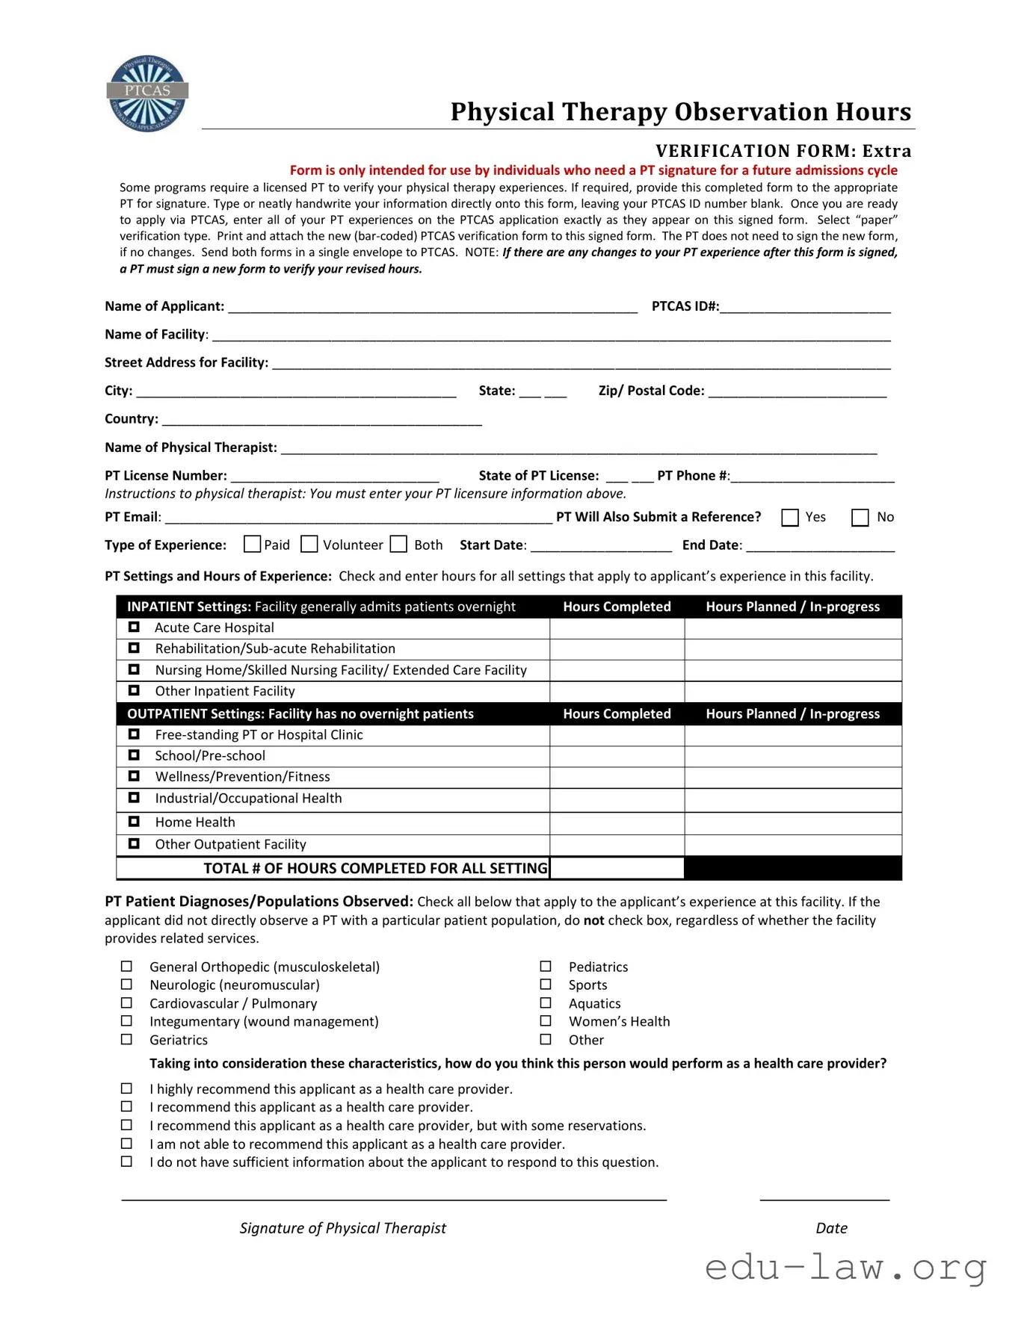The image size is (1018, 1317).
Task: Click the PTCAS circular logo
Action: pos(147,93)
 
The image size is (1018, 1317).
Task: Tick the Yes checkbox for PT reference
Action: pos(789,518)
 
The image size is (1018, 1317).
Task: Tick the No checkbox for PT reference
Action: pos(860,518)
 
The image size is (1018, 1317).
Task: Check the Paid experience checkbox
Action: pos(252,545)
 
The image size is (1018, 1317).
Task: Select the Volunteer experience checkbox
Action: pos(309,545)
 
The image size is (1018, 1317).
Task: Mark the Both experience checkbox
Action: pos(399,545)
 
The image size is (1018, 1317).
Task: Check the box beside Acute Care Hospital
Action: pos(134,627)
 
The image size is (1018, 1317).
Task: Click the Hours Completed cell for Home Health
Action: pos(617,822)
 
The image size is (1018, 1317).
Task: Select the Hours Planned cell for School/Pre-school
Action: pos(792,756)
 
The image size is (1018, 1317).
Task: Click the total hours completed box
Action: pos(617,868)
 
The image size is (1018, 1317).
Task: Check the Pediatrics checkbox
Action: pos(546,967)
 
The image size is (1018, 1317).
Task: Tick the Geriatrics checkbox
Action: pos(126,1040)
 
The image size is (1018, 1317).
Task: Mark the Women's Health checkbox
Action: pos(546,1021)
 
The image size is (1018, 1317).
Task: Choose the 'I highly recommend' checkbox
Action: pos(126,1089)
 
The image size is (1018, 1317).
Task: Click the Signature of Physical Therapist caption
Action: pos(342,1228)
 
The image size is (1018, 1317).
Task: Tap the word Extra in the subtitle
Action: pos(886,151)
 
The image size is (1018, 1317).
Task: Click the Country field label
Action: pos(132,419)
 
